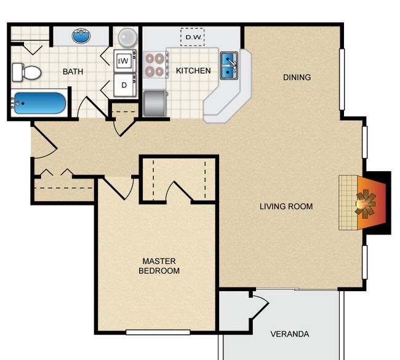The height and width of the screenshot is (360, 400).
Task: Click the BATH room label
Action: pos(73,71)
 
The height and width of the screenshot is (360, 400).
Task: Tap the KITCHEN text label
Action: pos(193,71)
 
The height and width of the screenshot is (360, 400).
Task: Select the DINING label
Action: pos(297,78)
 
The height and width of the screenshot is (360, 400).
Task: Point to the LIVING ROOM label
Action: pos(286,207)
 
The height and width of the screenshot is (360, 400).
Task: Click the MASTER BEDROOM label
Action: pos(159,266)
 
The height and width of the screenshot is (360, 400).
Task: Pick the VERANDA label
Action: pos(289,335)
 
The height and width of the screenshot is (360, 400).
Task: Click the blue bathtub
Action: pos(38,103)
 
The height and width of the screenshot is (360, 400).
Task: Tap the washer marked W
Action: pos(124,60)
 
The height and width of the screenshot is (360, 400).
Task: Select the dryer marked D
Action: pos(124,85)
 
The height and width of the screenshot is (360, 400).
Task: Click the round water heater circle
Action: pos(127,38)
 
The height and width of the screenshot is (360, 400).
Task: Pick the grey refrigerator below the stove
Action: pos(155,103)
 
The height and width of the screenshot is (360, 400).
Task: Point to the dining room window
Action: pos(342,78)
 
